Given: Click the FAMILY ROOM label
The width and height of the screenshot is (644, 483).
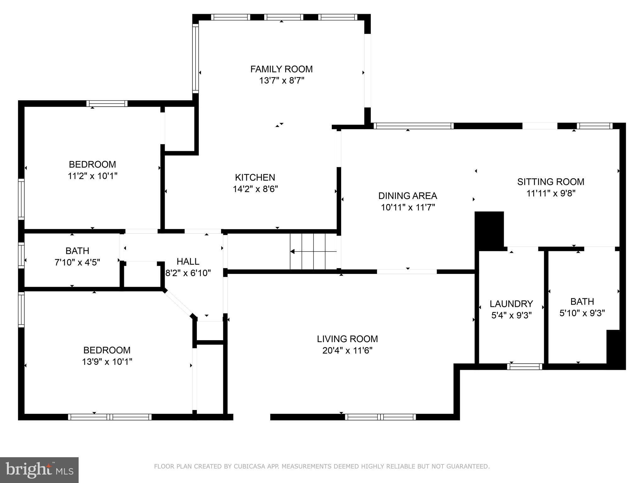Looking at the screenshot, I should [281, 69].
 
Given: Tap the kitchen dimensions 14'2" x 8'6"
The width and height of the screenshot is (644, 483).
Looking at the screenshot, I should [255, 189].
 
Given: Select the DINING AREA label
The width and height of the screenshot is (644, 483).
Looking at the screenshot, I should [408, 196].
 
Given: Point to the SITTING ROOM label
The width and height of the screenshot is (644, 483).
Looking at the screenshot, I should [551, 181].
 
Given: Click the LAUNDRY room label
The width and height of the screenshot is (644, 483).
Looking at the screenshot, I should [511, 303].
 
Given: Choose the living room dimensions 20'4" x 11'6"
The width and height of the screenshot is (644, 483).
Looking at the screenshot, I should [347, 350].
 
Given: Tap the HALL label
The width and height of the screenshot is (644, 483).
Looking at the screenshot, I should [188, 261].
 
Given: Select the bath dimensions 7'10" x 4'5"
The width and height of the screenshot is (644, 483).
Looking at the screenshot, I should [77, 262].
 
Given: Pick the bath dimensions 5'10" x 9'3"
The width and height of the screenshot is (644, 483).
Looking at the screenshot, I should [582, 313].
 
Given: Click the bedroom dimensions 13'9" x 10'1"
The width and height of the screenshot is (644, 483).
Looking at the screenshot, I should [107, 362].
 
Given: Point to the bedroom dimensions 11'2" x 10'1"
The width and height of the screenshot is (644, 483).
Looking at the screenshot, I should [92, 176].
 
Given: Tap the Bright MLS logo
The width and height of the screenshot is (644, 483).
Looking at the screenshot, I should [39, 470].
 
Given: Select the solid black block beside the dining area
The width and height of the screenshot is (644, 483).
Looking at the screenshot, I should [489, 230].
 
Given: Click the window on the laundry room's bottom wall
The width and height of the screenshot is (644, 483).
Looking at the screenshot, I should [525, 366].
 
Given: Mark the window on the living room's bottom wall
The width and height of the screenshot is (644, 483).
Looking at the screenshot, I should [380, 417].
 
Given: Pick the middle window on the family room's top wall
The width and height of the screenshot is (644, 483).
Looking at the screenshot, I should [284, 17].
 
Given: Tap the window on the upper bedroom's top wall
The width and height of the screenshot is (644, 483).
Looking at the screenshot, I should [107, 103].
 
